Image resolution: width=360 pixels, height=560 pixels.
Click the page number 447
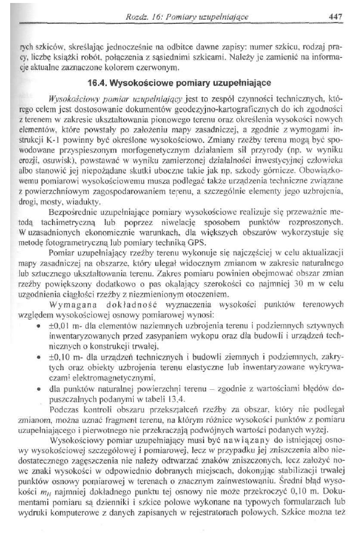[334, 17]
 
